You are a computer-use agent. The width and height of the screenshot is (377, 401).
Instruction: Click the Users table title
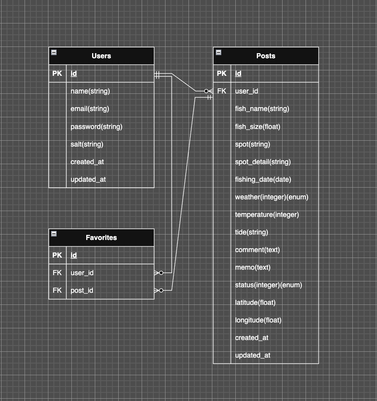[x=101, y=56]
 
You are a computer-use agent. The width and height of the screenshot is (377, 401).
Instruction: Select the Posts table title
[x=266, y=56]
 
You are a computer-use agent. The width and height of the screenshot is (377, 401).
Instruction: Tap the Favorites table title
[x=101, y=238]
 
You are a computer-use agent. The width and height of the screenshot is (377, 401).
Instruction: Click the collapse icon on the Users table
[x=54, y=52]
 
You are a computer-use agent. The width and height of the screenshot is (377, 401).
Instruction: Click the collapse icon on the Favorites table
[x=54, y=234]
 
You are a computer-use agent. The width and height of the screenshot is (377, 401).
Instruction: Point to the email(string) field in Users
[x=90, y=109]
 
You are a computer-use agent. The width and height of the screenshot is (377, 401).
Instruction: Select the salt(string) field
[x=87, y=144]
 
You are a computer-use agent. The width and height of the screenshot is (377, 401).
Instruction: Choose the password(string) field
[x=96, y=127]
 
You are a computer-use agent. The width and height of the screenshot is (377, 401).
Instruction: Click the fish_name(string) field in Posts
[x=262, y=109]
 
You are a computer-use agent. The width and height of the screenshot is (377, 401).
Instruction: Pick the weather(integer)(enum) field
[x=272, y=197]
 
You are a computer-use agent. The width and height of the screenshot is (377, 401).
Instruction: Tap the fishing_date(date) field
[x=263, y=179]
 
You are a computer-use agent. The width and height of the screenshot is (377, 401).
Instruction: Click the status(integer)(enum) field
[x=269, y=285]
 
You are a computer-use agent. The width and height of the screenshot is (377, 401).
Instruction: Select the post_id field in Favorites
[x=82, y=290]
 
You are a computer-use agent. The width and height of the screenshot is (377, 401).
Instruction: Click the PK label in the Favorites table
[x=57, y=255]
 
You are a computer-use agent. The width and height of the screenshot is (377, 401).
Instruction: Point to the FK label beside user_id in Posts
[x=221, y=91]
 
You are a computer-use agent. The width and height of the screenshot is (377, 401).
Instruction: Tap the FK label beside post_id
[x=57, y=290]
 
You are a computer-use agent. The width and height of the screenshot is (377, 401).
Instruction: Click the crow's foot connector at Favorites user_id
[x=158, y=273]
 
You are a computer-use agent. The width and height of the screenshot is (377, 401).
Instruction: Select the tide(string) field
[x=251, y=232]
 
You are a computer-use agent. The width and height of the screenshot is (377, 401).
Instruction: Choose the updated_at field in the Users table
[x=88, y=179]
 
